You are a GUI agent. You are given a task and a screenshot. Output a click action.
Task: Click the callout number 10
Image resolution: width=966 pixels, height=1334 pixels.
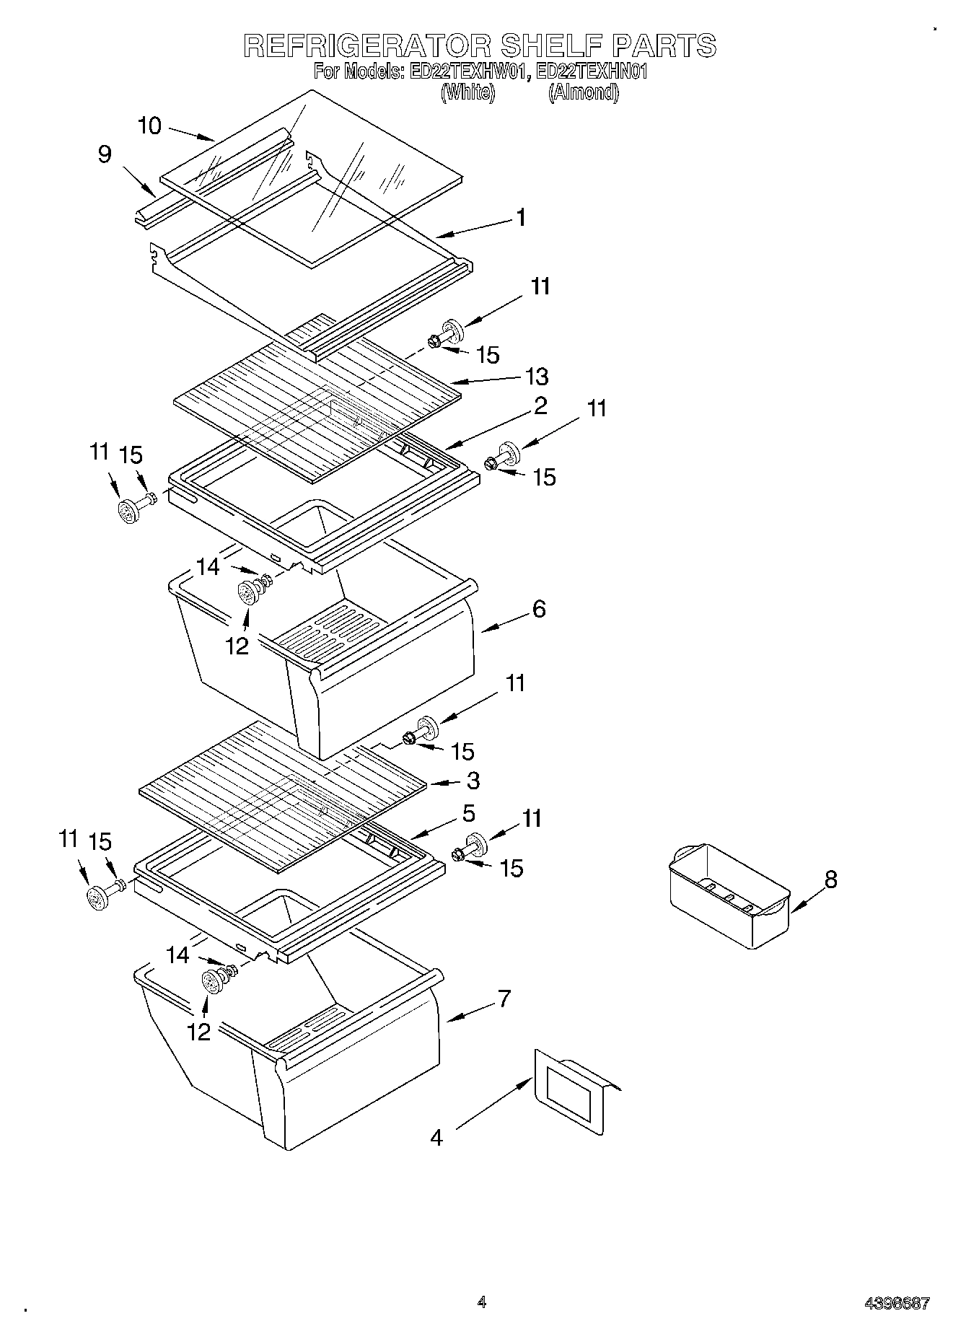point(150,126)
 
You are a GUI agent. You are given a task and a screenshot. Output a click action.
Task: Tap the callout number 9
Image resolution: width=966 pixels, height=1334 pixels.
point(105,154)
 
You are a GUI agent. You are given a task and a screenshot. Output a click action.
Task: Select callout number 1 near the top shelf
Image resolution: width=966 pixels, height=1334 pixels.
point(520,218)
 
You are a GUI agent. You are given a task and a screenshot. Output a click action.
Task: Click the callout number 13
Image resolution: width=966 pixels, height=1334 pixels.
point(537,377)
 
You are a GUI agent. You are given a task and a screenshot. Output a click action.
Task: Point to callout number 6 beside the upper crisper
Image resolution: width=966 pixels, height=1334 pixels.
point(539,609)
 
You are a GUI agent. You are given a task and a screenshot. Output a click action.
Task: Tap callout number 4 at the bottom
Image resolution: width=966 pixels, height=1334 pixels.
point(436,1138)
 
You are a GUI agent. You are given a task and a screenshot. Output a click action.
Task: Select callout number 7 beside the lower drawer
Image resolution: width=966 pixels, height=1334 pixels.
point(504,999)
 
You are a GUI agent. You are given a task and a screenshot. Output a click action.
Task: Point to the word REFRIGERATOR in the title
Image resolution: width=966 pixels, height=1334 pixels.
point(366,45)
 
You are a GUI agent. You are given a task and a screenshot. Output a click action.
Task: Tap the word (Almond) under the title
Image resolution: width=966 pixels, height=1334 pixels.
point(583,92)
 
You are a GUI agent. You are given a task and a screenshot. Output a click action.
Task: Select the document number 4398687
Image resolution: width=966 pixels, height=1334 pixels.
point(897,1303)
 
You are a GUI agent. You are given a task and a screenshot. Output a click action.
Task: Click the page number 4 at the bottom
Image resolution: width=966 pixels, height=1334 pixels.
point(482,1302)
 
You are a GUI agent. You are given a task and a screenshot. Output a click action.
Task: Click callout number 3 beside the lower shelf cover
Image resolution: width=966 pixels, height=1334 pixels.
point(473,781)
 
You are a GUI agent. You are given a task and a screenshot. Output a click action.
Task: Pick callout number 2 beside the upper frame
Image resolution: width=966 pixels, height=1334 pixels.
point(540,405)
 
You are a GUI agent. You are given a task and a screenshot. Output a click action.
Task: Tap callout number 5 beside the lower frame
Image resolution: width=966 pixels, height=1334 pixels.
point(469,814)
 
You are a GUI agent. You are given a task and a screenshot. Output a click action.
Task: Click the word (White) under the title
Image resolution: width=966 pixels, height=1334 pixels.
point(468,92)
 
